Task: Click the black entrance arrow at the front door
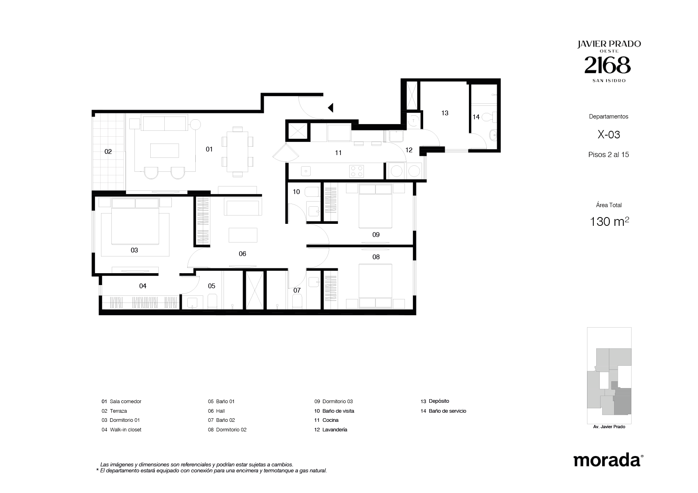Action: [331, 107]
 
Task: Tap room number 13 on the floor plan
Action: [445, 113]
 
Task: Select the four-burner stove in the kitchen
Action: [356, 171]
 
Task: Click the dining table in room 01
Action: [237, 151]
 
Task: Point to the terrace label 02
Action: [108, 151]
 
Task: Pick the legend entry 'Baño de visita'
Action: [338, 411]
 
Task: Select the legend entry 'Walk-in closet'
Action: [126, 430]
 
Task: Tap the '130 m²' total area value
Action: [609, 221]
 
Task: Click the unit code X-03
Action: [609, 135]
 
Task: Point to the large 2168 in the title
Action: [607, 65]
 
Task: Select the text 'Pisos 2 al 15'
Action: [609, 155]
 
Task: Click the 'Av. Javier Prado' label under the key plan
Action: [609, 427]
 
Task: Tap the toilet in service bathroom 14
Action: [493, 117]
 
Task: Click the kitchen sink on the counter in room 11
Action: [305, 171]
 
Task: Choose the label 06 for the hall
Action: [242, 254]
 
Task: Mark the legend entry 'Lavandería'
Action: [334, 430]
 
